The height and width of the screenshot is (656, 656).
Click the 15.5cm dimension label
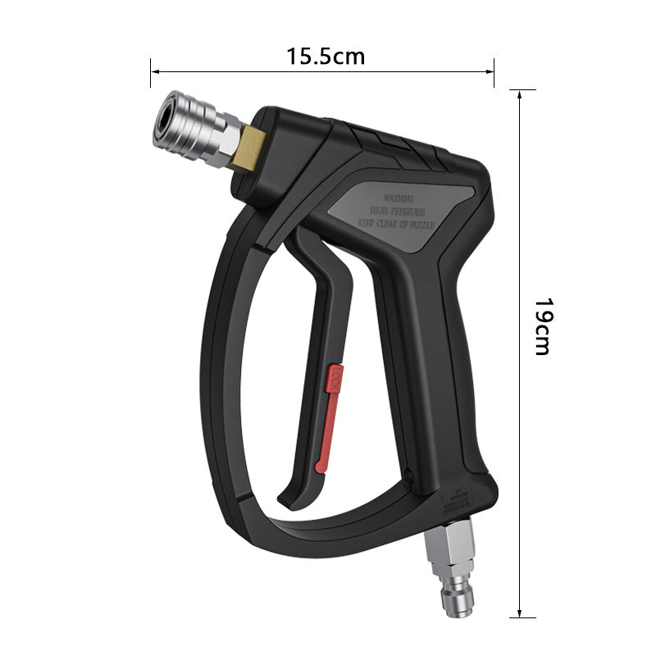(x=326, y=57)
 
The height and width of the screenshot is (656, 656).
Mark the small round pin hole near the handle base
(x=408, y=471)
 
